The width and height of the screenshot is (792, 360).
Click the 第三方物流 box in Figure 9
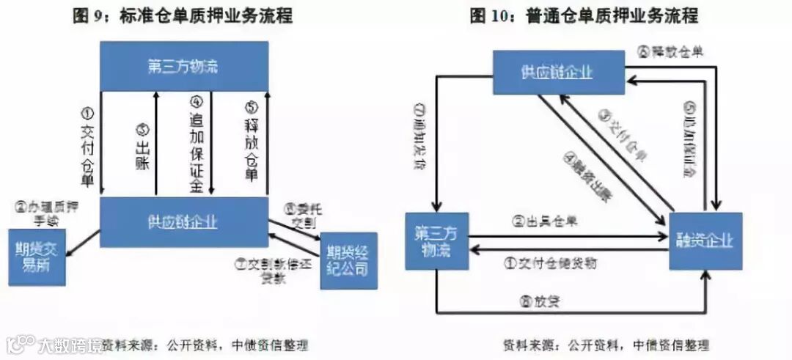183,66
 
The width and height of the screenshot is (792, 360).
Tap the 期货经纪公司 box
348,260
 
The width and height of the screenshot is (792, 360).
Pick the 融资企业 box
706,241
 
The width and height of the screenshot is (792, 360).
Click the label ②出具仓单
545,221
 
